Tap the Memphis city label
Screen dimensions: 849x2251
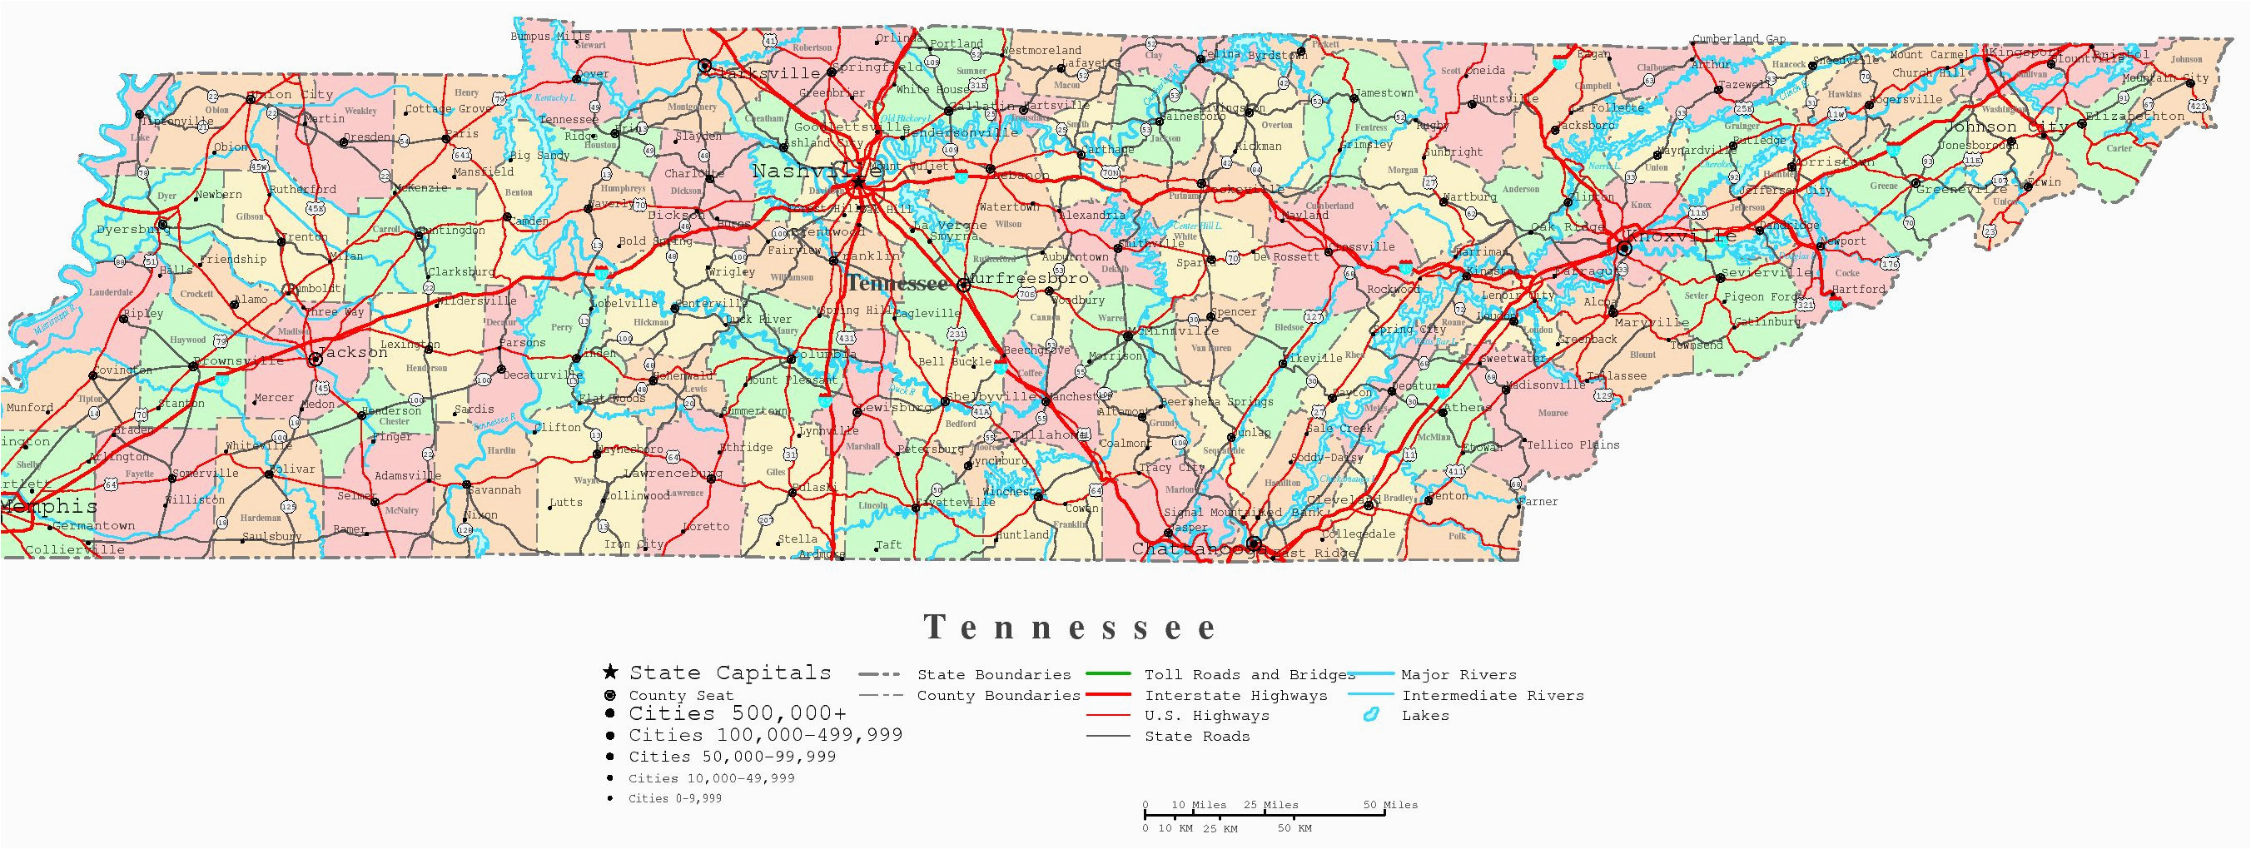coord(48,507)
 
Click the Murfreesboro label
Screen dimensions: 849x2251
coord(1031,279)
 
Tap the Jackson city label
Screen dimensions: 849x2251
coord(353,352)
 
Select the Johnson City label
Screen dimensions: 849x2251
coord(2005,127)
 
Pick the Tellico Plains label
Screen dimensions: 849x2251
coord(1573,444)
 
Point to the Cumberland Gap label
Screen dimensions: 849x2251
coord(1739,39)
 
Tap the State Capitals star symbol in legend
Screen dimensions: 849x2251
coord(610,673)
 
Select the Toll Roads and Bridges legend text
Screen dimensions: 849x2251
coord(1250,674)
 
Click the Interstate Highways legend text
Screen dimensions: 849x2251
coord(1235,695)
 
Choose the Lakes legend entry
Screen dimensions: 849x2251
coord(1425,715)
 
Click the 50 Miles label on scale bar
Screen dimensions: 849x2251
coord(1390,804)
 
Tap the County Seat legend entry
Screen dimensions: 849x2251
coord(681,695)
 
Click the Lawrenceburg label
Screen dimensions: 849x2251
coord(673,473)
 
